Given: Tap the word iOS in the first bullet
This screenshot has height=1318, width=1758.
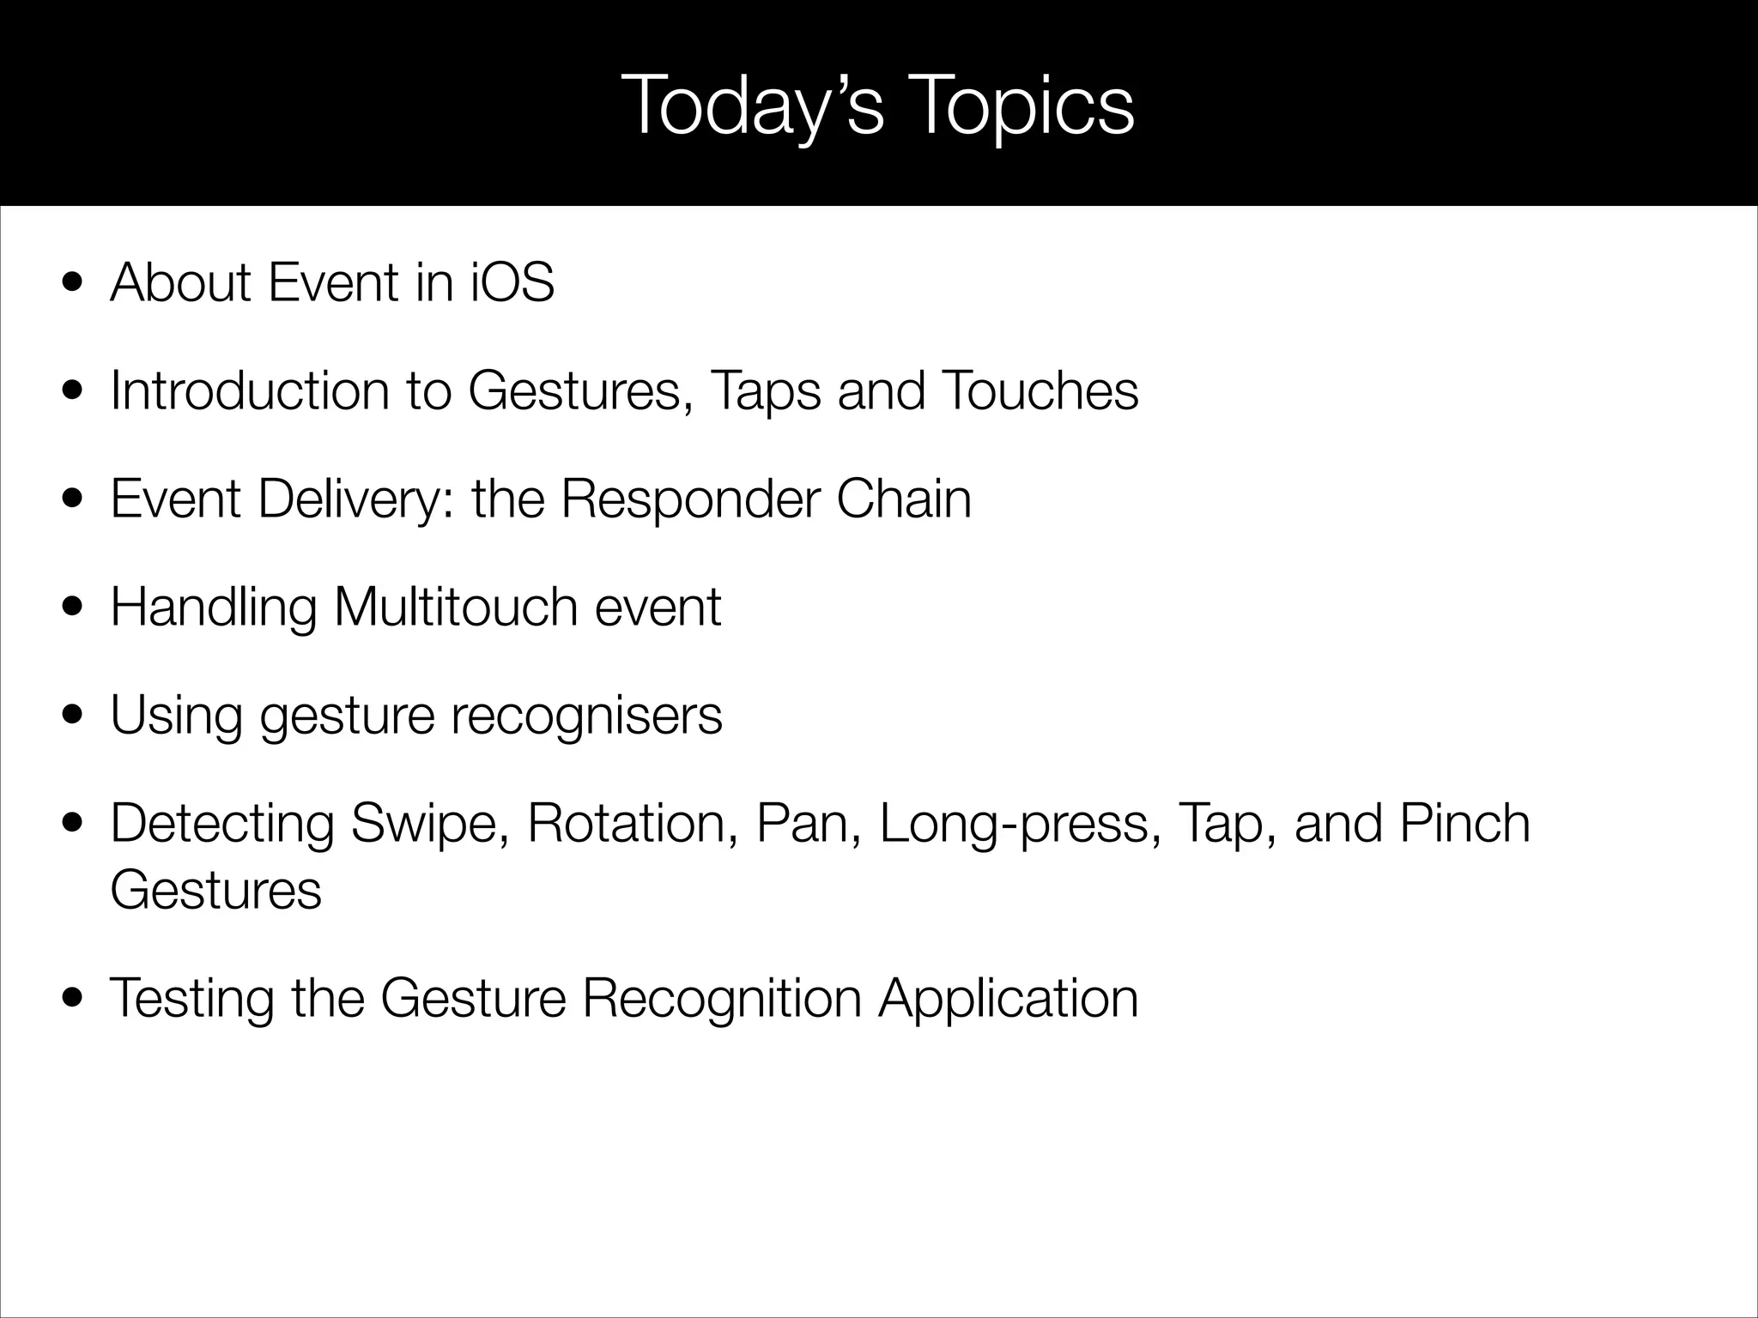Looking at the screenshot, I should (512, 282).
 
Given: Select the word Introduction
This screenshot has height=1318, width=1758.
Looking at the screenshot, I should (249, 390).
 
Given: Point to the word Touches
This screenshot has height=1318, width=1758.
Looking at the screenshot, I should (1040, 390).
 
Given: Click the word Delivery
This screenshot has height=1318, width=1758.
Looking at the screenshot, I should (349, 500).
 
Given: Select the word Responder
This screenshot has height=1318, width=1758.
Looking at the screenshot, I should (690, 500).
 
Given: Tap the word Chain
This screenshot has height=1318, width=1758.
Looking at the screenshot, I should (903, 499).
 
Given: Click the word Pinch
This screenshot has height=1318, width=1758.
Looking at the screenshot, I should (1464, 824).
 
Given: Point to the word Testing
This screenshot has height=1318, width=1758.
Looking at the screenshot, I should (191, 1000).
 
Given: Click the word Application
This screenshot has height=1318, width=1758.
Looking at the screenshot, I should (1008, 1000).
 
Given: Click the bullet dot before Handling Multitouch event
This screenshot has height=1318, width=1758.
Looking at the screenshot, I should (74, 608).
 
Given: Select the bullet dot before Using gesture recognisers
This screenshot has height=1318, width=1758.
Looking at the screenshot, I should (74, 716).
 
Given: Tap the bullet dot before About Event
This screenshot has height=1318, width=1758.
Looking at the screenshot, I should (74, 283).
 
